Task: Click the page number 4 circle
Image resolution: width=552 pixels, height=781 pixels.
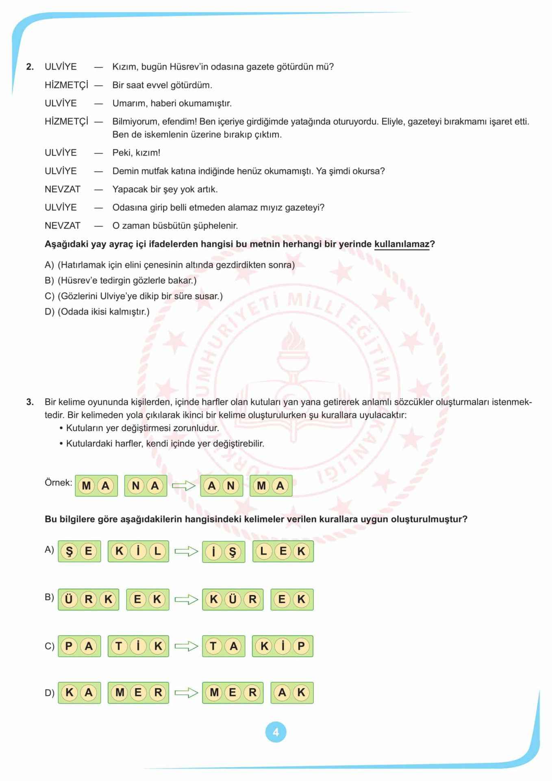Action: click(x=276, y=732)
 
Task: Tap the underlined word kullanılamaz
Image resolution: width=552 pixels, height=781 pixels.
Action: click(x=402, y=244)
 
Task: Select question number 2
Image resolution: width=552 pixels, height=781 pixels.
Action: click(x=30, y=67)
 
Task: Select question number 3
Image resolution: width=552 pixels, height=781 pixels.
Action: click(x=30, y=402)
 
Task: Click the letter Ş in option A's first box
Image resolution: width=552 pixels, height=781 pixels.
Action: click(x=69, y=552)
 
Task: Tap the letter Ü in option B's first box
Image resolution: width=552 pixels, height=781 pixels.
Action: click(x=69, y=599)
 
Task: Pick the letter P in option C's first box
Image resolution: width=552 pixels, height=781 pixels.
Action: click(x=69, y=646)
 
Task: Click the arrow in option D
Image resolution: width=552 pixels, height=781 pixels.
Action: click(x=186, y=693)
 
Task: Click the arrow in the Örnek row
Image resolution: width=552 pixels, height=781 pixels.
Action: click(x=184, y=486)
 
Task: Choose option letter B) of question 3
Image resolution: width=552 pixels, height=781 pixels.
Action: click(x=49, y=597)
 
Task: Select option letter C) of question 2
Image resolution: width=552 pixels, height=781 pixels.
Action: click(x=49, y=296)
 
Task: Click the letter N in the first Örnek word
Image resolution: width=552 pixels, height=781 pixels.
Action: click(x=136, y=486)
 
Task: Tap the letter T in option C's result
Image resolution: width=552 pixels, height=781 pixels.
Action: click(x=213, y=646)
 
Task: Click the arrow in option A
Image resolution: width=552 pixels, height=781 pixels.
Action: click(x=186, y=552)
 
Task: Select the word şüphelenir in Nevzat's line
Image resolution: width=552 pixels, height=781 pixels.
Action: click(x=217, y=226)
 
